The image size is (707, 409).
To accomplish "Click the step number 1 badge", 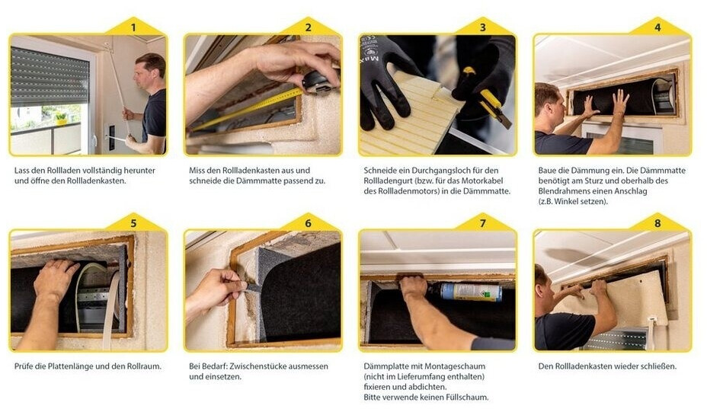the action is click(x=133, y=27).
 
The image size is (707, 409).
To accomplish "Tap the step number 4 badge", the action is click(x=657, y=27).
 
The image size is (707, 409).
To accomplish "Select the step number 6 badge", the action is click(x=308, y=223).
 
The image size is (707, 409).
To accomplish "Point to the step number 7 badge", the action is click(x=483, y=223).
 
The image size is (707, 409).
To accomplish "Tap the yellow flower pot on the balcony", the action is click(x=61, y=119).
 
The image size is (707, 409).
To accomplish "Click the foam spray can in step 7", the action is click(x=470, y=292).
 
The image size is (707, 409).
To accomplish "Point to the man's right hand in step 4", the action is click(x=620, y=101).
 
